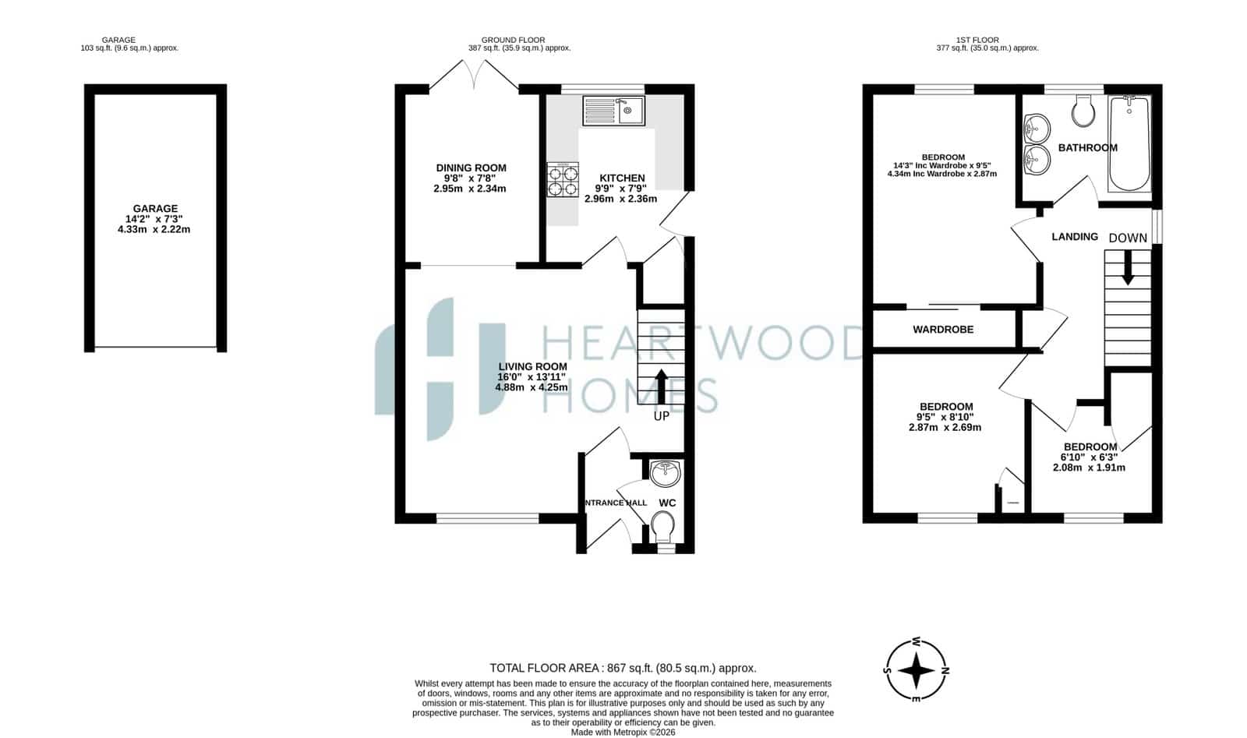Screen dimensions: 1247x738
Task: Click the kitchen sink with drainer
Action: pyautogui.click(x=613, y=111)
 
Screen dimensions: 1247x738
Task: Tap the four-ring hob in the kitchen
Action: pyautogui.click(x=562, y=180)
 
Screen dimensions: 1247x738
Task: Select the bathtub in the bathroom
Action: pyautogui.click(x=1129, y=144)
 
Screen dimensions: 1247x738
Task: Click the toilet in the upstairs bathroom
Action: pyautogui.click(x=1083, y=110)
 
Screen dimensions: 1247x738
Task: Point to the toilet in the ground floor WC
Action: pyautogui.click(x=663, y=527)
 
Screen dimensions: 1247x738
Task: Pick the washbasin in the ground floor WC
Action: pyautogui.click(x=666, y=473)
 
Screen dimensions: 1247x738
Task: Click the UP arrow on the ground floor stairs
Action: pyautogui.click(x=662, y=387)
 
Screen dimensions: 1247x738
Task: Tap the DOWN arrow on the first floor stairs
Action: pyautogui.click(x=1128, y=268)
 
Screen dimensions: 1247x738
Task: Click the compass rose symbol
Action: pyautogui.click(x=917, y=670)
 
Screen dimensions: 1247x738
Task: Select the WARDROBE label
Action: pyautogui.click(x=943, y=330)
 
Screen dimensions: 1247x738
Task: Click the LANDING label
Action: pyautogui.click(x=1075, y=237)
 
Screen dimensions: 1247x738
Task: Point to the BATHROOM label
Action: pyautogui.click(x=1087, y=147)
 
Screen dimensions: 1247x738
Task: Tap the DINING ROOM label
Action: pyautogui.click(x=471, y=168)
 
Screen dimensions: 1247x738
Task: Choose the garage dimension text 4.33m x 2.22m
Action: pyautogui.click(x=154, y=229)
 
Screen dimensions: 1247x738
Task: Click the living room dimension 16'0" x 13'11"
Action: pyautogui.click(x=531, y=376)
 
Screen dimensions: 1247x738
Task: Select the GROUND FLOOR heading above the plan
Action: pyautogui.click(x=513, y=40)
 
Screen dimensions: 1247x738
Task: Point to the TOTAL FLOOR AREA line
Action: pyautogui.click(x=623, y=668)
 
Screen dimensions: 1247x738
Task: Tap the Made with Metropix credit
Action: pyautogui.click(x=623, y=733)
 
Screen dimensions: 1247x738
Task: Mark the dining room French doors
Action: pyautogui.click(x=474, y=75)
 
